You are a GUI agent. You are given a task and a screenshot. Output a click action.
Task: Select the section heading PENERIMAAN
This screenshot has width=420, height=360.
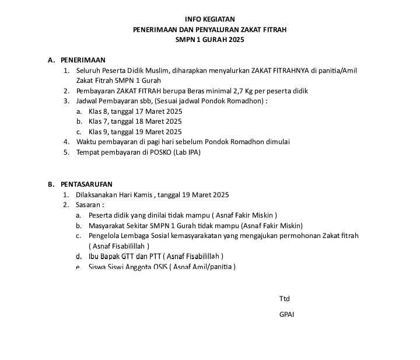(83, 60)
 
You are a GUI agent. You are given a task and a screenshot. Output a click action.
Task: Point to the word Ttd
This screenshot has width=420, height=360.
(285, 299)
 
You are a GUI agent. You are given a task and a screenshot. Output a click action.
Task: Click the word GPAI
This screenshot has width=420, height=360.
(287, 314)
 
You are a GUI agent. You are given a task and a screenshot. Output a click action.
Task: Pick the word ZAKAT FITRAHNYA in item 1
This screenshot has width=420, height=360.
(279, 71)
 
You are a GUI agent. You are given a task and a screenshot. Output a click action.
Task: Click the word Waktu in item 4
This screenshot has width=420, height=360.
(87, 142)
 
